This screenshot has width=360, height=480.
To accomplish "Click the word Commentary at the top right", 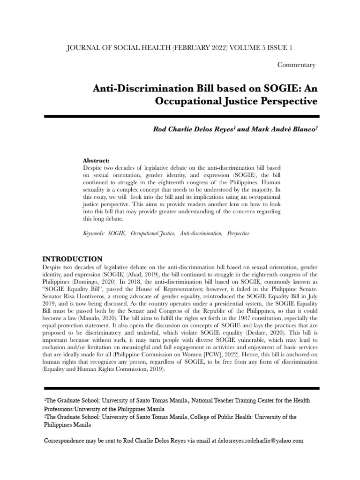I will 296,65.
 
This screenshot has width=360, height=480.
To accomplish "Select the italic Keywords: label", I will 94,233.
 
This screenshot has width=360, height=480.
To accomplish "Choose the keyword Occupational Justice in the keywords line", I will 153,233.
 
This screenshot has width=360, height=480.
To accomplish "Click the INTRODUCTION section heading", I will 73,259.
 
